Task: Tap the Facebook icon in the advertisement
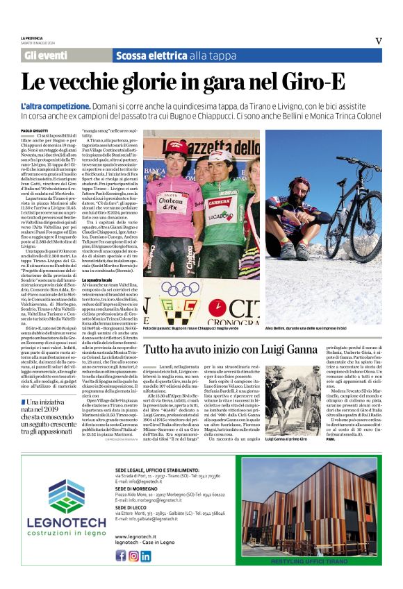click(x=120, y=556)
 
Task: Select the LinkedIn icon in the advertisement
click(x=145, y=556)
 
